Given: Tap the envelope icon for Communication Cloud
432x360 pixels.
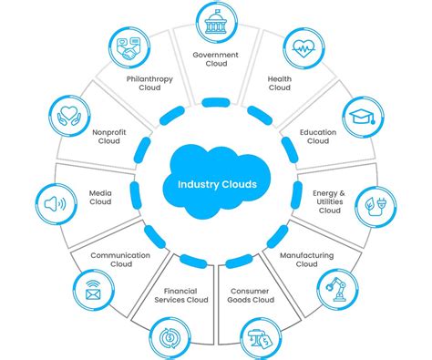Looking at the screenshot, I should pos(93,292).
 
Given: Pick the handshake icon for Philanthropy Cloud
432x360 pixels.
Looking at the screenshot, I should pos(130,50).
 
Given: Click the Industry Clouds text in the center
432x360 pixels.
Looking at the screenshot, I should pos(217,184).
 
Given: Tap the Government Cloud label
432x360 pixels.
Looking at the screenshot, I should pos(216,59).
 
